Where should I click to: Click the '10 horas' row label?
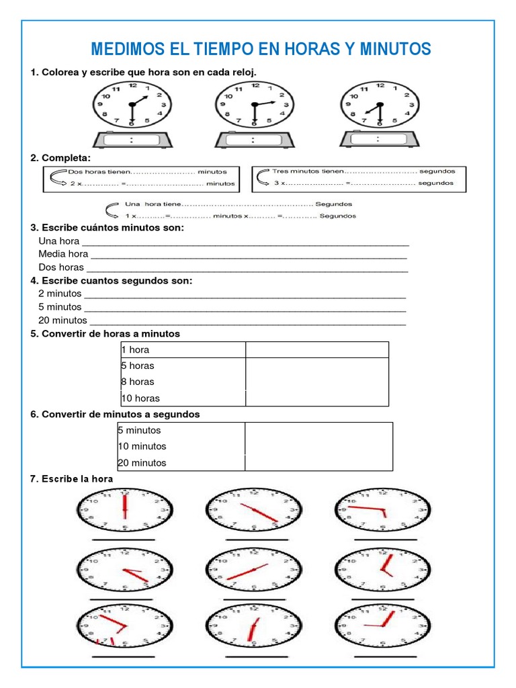140,398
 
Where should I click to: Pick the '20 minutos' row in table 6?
142,462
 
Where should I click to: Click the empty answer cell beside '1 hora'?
316,349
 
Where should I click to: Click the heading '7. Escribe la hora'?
72,479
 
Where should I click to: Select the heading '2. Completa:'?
60,157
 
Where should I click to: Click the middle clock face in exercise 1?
254,104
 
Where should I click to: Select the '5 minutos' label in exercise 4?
60,307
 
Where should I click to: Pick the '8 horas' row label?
138,382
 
